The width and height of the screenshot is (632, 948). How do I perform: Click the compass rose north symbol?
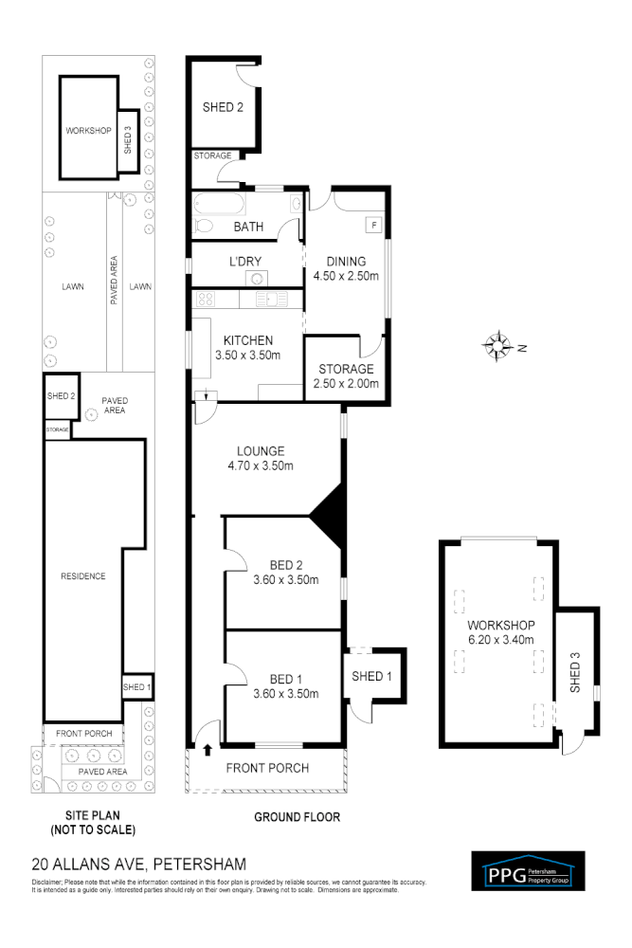pyautogui.click(x=498, y=346)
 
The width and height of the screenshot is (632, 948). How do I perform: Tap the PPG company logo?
pyautogui.click(x=528, y=871)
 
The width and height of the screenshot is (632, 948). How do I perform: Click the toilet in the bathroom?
pyautogui.click(x=202, y=226)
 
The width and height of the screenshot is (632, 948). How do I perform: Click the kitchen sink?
pyautogui.click(x=274, y=300)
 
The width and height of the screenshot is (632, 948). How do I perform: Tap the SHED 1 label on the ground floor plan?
pyautogui.click(x=371, y=676)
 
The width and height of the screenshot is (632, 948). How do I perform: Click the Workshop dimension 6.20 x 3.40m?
pyautogui.click(x=502, y=640)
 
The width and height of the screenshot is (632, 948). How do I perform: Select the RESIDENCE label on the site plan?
pyautogui.click(x=82, y=576)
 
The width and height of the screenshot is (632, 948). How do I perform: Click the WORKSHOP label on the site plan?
pyautogui.click(x=87, y=130)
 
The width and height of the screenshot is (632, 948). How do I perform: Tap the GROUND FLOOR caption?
pyautogui.click(x=298, y=816)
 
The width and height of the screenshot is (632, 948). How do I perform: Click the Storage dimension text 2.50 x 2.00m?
pyautogui.click(x=346, y=384)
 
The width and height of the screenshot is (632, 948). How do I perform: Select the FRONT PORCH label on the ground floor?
pyautogui.click(x=267, y=768)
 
